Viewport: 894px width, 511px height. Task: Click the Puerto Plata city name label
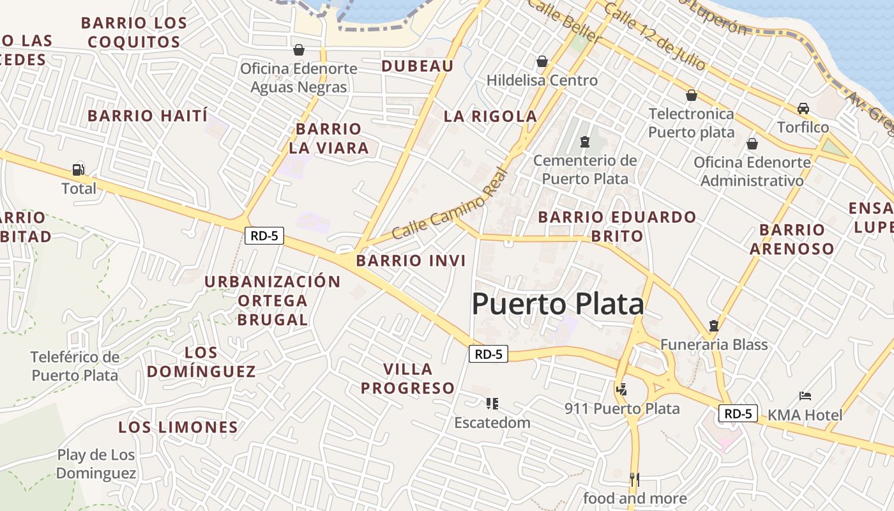coord(557,304)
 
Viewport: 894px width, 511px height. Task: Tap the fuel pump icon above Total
coord(79,170)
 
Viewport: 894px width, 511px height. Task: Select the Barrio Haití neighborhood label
coord(148,116)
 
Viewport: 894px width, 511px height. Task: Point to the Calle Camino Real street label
coord(451,204)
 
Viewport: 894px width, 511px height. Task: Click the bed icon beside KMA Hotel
coord(805,396)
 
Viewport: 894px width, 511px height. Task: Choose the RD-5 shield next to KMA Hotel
coord(738,413)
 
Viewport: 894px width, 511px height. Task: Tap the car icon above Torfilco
coord(803,108)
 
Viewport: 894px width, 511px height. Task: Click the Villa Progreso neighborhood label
coord(408,378)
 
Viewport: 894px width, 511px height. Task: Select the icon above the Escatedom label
coord(492,403)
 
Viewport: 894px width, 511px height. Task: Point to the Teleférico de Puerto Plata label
coord(75,365)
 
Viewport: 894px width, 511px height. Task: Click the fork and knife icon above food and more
coord(634,479)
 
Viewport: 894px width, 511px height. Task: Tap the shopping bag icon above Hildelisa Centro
coord(542,61)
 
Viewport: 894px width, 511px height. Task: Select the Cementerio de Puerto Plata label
coord(585,169)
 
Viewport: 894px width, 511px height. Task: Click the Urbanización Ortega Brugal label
coord(273,300)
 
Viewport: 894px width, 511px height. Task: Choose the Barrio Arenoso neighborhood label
coord(792,239)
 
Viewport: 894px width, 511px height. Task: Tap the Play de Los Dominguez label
coord(96,464)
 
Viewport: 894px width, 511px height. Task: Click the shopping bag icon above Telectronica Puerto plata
coord(691,96)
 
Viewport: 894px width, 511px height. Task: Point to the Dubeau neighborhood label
coord(418,66)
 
